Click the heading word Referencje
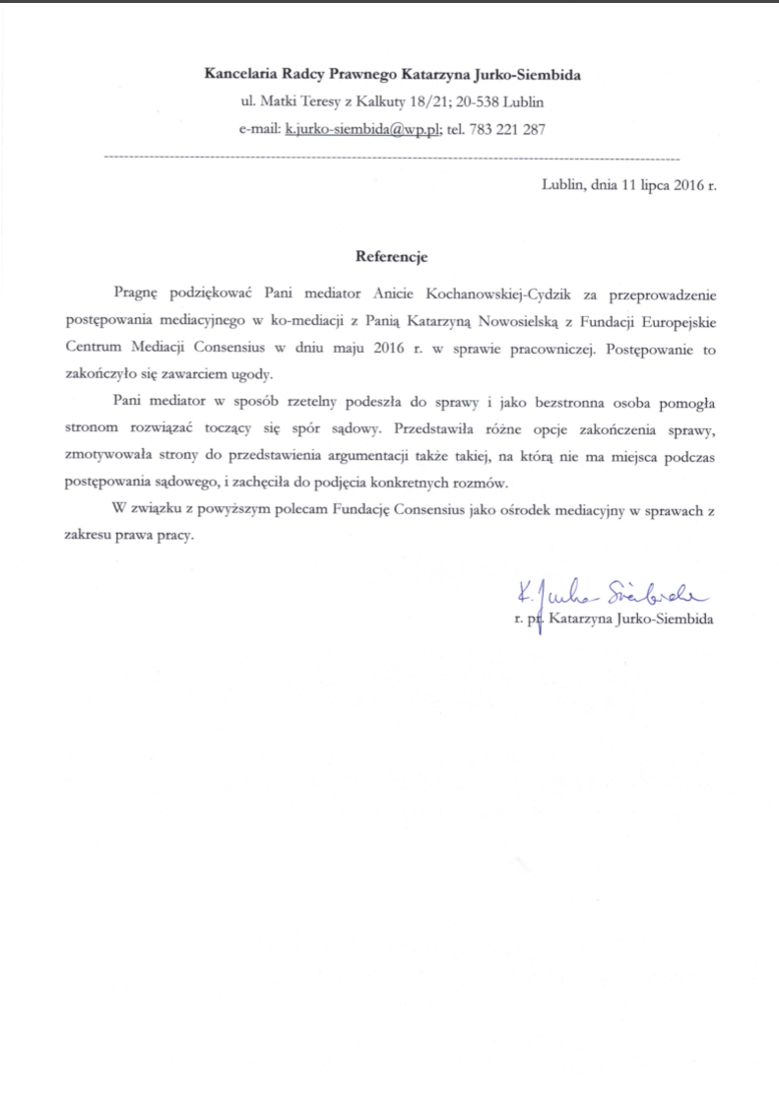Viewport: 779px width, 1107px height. click(x=390, y=256)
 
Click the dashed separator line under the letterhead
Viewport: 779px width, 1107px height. click(x=390, y=158)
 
